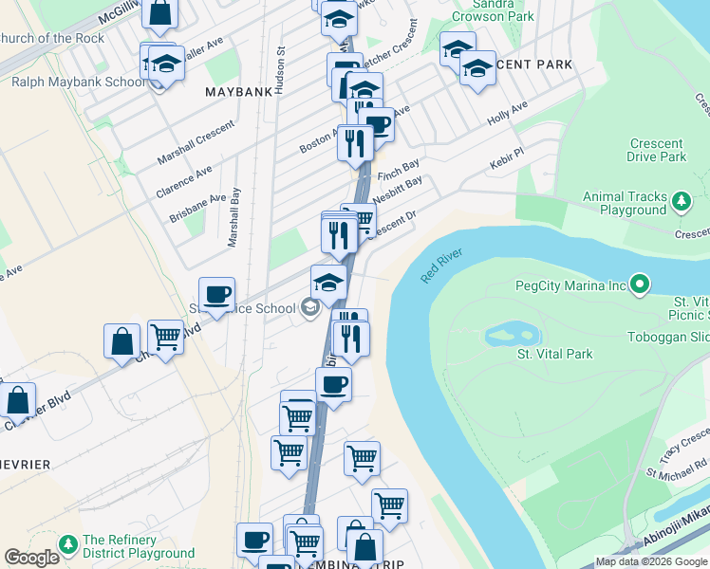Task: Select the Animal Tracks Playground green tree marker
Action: (x=681, y=202)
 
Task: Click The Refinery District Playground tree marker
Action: (x=67, y=545)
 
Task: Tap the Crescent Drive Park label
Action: (x=657, y=150)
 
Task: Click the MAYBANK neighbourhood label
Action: (x=239, y=92)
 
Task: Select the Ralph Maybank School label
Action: (x=78, y=82)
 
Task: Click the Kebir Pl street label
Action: (x=507, y=157)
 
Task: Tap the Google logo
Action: (x=31, y=558)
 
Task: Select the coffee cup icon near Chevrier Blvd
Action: (x=216, y=295)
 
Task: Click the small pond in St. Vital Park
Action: (x=513, y=336)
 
